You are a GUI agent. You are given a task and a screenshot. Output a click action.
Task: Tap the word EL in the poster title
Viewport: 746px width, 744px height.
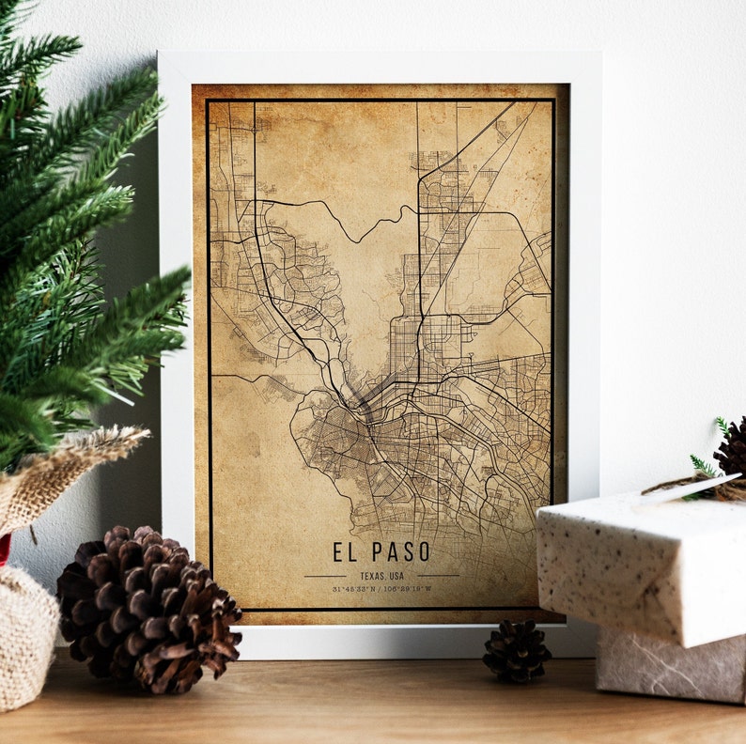(x=344, y=552)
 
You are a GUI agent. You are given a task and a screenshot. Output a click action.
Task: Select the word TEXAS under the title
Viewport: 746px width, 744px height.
(x=370, y=575)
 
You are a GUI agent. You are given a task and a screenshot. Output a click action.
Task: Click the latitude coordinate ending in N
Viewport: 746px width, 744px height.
(x=352, y=589)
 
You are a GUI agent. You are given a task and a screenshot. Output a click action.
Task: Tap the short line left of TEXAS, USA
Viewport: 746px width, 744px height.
(x=325, y=575)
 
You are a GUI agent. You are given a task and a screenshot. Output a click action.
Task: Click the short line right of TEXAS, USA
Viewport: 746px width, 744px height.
(x=438, y=575)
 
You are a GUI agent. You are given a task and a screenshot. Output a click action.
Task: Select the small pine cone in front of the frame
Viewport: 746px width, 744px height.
(x=516, y=651)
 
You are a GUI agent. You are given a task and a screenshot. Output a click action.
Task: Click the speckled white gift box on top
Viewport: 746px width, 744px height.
(x=639, y=564)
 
